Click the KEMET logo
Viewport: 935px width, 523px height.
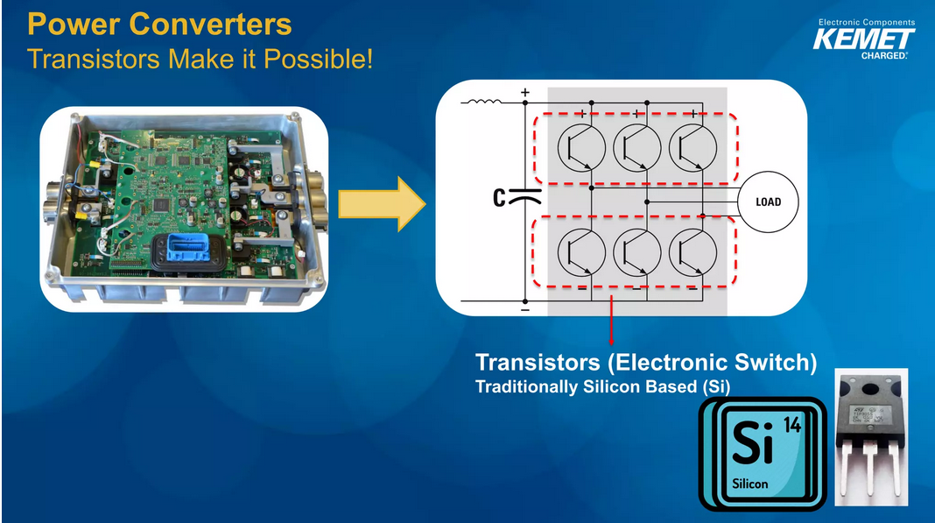[863, 39]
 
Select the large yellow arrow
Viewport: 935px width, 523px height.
[381, 203]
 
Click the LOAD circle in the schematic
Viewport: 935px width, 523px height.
[768, 202]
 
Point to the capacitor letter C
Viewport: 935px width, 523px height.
[498, 199]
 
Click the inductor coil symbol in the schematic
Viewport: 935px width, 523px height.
[482, 102]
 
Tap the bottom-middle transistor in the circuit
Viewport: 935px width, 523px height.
[635, 252]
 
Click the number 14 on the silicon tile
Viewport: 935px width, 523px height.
[791, 425]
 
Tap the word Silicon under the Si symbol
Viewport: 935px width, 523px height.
[749, 484]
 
